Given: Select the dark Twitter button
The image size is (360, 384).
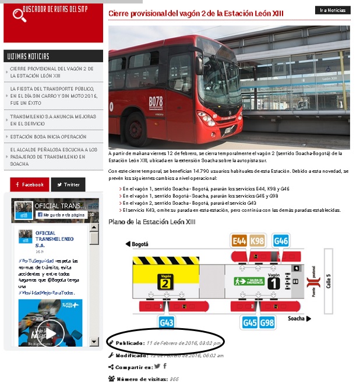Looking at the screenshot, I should [x=68, y=184].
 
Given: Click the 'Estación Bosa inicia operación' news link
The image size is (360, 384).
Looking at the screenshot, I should [x=48, y=137].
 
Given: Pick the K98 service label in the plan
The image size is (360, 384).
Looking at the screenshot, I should [x=258, y=241].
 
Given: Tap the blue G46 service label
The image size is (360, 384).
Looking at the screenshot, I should [x=281, y=241].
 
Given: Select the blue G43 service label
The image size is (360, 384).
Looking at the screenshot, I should [x=167, y=322].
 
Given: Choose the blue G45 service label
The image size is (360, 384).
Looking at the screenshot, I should [x=250, y=322].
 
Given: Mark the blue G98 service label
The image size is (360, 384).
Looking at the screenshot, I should [x=267, y=322].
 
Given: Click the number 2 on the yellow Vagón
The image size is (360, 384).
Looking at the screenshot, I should [x=165, y=283].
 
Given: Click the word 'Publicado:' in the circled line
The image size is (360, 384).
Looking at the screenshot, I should [x=130, y=343].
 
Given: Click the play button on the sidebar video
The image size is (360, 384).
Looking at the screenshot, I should [x=51, y=333].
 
